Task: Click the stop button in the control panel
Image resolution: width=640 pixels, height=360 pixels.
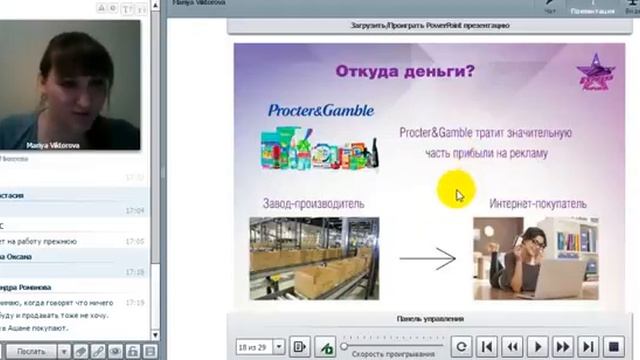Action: click(614, 346)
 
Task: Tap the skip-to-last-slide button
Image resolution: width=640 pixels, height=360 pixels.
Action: click(588, 346)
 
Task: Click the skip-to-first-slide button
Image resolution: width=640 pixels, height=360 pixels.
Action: click(488, 346)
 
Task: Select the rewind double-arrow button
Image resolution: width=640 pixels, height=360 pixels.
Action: click(513, 346)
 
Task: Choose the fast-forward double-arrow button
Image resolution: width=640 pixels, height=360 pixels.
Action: click(563, 346)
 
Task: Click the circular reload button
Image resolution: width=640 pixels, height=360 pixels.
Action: click(461, 346)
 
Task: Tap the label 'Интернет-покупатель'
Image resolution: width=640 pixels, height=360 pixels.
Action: click(538, 204)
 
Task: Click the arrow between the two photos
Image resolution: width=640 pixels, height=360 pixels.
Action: click(427, 260)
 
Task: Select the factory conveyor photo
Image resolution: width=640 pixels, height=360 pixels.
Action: click(313, 259)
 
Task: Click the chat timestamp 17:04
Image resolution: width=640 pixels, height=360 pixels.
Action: click(135, 211)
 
